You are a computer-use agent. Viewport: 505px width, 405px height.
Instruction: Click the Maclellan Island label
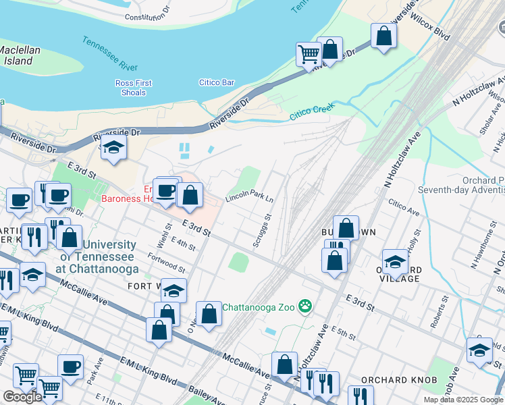point(20,55)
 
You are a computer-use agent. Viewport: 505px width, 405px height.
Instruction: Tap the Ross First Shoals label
point(133,88)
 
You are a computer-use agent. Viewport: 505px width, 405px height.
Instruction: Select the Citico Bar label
point(216,83)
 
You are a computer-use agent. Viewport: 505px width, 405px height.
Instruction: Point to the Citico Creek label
point(312,113)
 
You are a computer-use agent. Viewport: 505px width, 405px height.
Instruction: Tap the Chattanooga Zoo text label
point(260,307)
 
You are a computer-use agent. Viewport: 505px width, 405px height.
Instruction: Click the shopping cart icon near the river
point(309,53)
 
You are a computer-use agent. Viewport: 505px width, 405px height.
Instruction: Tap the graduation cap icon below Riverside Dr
point(113,148)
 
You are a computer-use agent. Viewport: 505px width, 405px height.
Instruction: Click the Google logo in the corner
point(22,397)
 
